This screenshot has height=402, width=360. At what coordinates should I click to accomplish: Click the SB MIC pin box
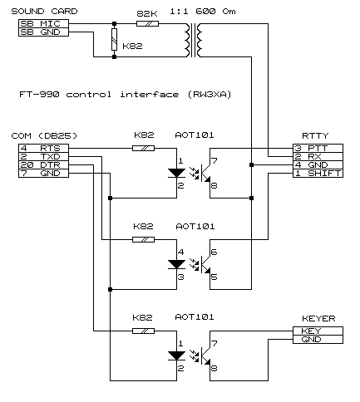point(43,23)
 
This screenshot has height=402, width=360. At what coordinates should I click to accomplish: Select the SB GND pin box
point(43,32)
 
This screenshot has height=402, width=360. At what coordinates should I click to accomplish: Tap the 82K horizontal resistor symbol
point(147,23)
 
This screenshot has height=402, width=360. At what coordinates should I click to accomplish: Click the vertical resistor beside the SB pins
point(114,39)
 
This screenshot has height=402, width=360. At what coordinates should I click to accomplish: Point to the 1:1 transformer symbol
point(194,40)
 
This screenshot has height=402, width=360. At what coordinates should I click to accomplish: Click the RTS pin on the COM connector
point(43,148)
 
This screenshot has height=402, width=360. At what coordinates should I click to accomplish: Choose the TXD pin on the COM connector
point(43,156)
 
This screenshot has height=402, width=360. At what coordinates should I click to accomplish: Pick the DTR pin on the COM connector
point(43,164)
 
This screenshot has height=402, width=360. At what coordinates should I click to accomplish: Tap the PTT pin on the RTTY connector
point(318,148)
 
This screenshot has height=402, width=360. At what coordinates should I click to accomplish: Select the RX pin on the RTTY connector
point(318,156)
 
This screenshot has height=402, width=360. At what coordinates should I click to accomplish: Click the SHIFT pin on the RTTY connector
point(318,173)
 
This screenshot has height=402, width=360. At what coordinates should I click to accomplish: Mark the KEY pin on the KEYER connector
point(318,331)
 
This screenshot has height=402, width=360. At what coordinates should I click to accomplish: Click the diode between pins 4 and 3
point(177,264)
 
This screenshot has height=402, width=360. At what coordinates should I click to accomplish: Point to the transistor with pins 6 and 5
point(205,264)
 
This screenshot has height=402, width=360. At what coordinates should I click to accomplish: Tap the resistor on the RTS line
point(143,148)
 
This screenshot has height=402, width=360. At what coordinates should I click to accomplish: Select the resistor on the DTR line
point(143,331)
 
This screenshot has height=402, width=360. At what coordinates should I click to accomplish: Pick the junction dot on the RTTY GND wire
point(251,164)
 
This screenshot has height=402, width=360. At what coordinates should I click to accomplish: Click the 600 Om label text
point(215,12)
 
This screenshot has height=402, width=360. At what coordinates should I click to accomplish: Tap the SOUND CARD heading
point(44,12)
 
